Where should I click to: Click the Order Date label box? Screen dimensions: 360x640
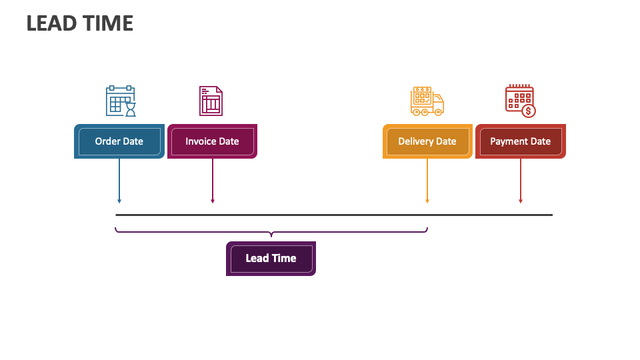(119, 141)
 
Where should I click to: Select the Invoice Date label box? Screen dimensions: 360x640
(212, 141)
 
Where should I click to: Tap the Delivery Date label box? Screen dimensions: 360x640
(427, 141)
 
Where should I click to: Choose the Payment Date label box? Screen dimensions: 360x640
(520, 141)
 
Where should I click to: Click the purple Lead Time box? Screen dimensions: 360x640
(271, 259)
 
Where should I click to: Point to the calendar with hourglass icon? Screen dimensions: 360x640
(121, 101)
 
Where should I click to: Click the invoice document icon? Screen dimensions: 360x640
(211, 101)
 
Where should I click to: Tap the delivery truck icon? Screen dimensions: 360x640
(427, 101)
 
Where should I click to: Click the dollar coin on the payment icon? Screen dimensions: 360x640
(529, 111)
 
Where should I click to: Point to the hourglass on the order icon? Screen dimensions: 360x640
(131, 109)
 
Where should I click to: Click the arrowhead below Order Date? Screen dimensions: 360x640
(119, 200)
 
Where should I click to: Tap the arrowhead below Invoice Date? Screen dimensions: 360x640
(213, 200)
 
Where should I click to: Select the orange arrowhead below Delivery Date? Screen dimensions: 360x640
(427, 200)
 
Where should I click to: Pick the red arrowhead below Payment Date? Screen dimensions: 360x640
(521, 200)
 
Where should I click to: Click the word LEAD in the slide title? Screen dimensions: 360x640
(50, 23)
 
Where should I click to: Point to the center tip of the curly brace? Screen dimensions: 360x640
(271, 235)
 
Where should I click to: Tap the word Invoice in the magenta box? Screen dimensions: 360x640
(200, 141)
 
